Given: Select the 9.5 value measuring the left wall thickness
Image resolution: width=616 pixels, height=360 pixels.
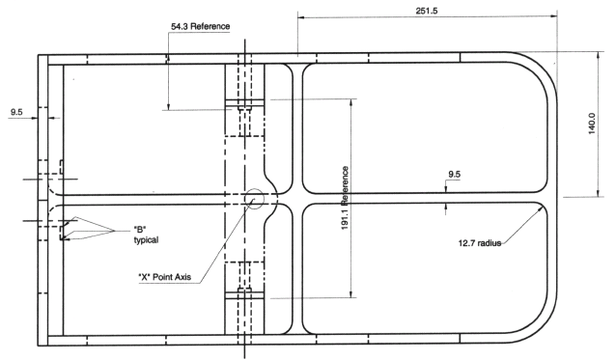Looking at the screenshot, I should tap(17, 113).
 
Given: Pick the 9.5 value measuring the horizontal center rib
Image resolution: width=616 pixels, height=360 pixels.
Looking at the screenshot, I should tap(453, 175).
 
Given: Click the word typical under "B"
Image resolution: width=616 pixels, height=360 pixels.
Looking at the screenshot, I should tap(146, 239).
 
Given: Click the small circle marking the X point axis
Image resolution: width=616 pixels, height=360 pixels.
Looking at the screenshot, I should tap(256, 198).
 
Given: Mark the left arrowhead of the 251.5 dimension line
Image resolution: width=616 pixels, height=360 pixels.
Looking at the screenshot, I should tap(300, 16).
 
